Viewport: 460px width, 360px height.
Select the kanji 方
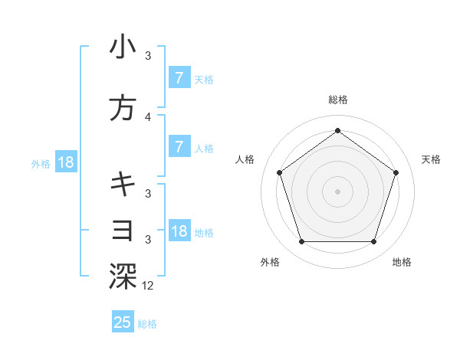tap(123, 108)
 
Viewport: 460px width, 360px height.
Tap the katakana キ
tap(123, 184)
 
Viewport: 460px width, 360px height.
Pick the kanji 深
tap(123, 277)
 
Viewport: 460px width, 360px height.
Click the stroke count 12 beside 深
tap(148, 285)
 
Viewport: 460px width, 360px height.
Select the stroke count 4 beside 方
tap(148, 117)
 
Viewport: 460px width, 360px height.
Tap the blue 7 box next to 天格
tap(179, 78)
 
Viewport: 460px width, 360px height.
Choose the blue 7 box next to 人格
tap(179, 147)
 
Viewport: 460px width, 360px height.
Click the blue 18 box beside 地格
tap(179, 231)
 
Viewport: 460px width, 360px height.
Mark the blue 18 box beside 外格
tap(65, 162)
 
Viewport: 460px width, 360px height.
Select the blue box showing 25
tap(123, 322)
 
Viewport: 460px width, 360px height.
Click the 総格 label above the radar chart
tap(338, 100)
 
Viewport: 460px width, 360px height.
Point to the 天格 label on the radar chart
tap(432, 159)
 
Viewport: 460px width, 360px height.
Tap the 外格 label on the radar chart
tap(270, 262)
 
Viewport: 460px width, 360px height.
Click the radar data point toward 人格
tap(280, 172)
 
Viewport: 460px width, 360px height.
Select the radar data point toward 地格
tap(373, 242)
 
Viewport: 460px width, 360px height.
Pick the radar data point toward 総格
tap(338, 130)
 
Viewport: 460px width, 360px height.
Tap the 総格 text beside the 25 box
tap(147, 324)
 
